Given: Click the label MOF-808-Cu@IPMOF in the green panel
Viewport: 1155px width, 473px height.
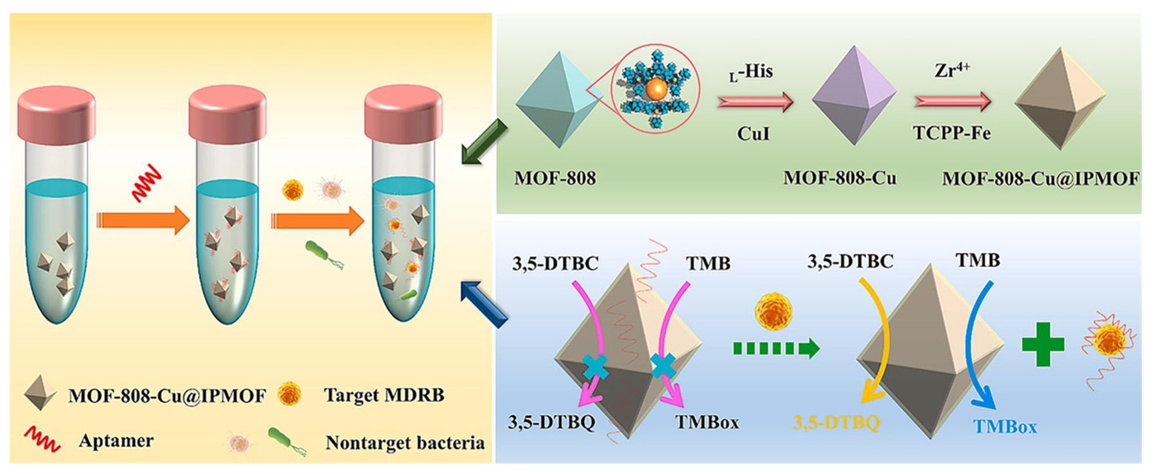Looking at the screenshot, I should pos(1040,179).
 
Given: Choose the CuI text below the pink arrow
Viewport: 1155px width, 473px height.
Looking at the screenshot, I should pos(753,133).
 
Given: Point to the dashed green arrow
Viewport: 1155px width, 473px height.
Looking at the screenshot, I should pos(776,348).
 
